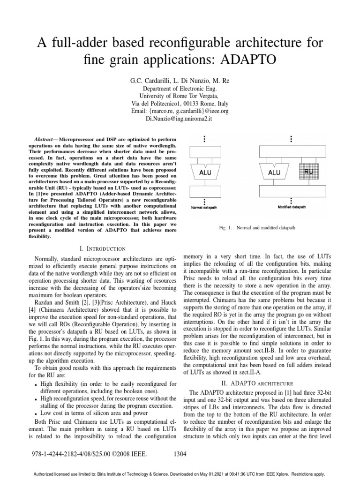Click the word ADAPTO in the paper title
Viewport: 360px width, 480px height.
(x=234, y=60)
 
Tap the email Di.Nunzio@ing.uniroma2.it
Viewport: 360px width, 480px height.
(x=180, y=119)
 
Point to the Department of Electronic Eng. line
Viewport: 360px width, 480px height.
(x=180, y=89)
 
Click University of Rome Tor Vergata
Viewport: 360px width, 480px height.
(x=180, y=96)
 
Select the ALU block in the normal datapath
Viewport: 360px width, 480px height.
(x=205, y=172)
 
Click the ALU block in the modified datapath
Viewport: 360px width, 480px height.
(x=274, y=172)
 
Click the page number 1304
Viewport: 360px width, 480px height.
(x=180, y=454)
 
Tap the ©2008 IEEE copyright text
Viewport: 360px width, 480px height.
(x=128, y=454)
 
